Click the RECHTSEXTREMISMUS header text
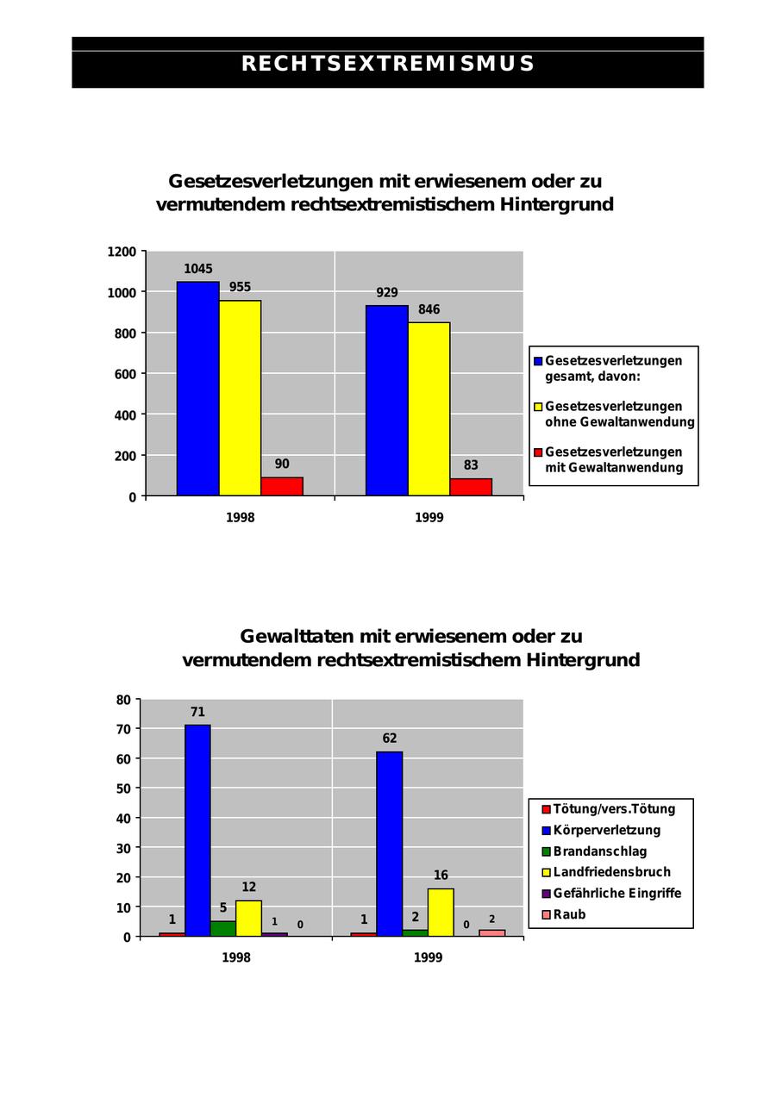(x=388, y=65)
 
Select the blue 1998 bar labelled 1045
(x=197, y=388)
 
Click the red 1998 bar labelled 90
(x=282, y=486)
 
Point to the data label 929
(x=387, y=293)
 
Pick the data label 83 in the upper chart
(x=471, y=465)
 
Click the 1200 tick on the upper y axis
(x=122, y=252)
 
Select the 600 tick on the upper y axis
(x=126, y=374)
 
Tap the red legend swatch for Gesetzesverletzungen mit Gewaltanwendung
(x=538, y=452)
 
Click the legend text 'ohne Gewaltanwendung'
(x=619, y=422)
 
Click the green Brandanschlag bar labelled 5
(x=223, y=928)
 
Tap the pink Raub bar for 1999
(x=492, y=932)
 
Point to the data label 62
(x=390, y=739)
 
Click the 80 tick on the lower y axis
(x=123, y=700)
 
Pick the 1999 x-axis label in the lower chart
(x=428, y=957)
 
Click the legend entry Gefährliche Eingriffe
(x=616, y=893)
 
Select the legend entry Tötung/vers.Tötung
(x=614, y=809)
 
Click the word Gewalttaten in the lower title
(x=292, y=637)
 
